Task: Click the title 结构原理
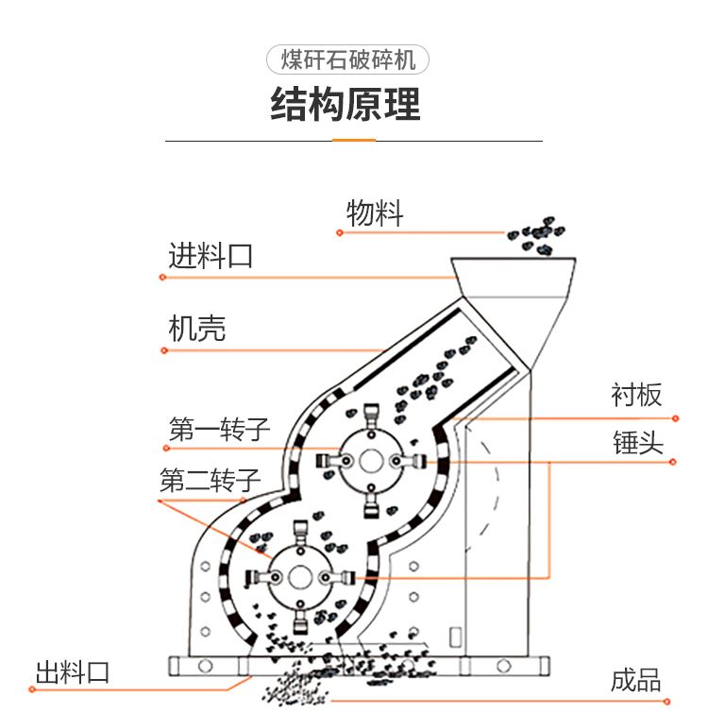346,105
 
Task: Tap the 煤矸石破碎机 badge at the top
347,59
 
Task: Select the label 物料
375,212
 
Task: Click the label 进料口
211,256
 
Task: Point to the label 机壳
196,329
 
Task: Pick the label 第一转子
220,429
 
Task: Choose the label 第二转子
210,480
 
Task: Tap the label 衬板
636,394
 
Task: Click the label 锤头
638,442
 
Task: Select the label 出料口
73,672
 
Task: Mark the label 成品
635,680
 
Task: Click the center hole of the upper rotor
371,461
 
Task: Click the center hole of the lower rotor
300,578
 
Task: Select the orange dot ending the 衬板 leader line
676,418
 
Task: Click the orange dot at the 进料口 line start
162,277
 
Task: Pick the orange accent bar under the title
354,141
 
